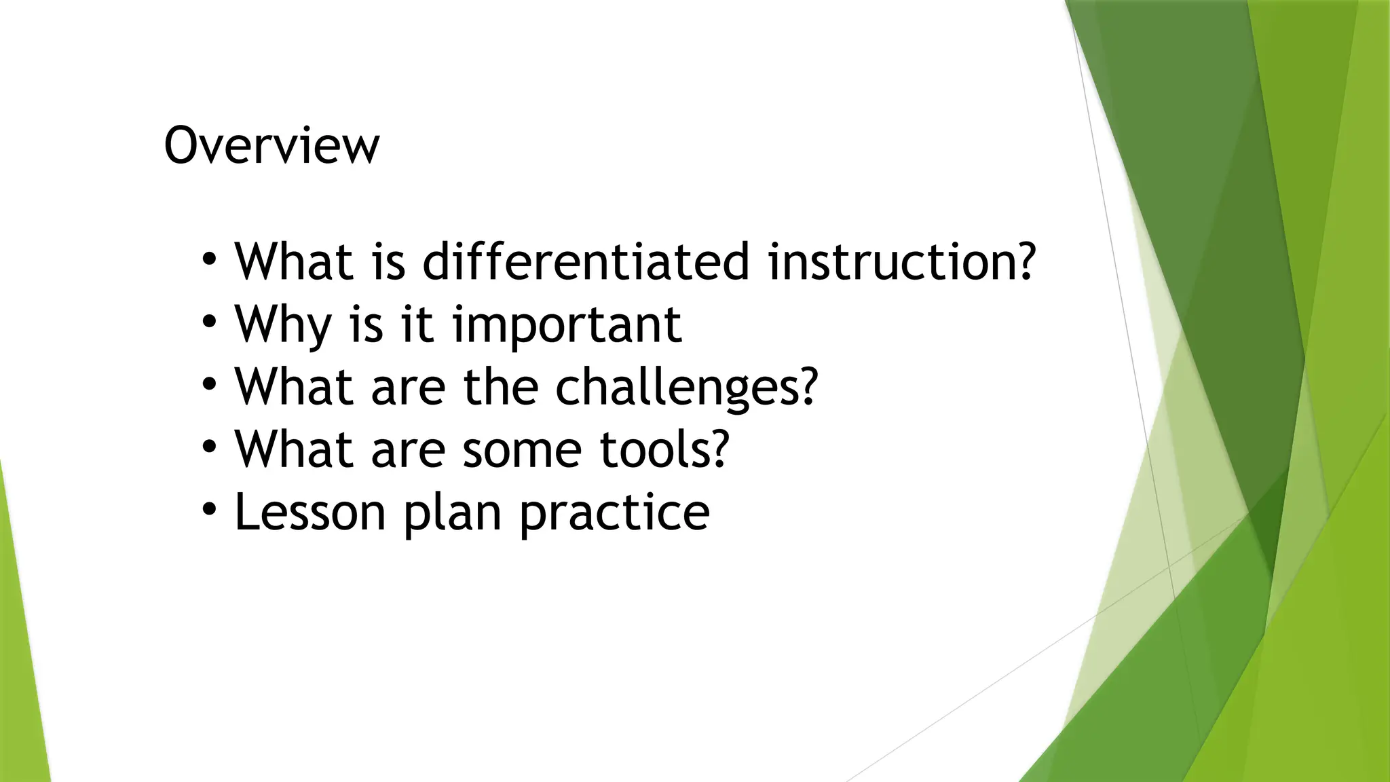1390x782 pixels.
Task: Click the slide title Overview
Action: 271,145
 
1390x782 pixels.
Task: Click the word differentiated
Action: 586,261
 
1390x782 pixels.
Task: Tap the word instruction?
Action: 901,261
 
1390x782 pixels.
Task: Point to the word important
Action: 567,324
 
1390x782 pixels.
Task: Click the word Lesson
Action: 310,512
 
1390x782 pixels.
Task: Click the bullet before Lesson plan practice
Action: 210,508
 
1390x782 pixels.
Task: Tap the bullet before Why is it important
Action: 210,320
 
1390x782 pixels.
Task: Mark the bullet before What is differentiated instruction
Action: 210,258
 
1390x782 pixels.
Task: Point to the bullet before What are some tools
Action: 210,446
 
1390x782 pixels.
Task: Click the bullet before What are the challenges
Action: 210,384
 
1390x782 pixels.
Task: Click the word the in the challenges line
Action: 500,386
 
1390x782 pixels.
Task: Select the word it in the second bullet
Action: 417,324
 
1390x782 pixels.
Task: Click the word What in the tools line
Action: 293,449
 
